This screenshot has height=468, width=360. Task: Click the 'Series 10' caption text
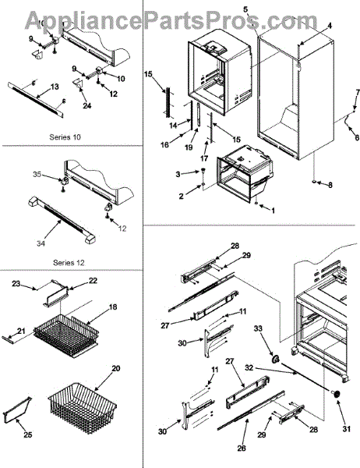pos(65,137)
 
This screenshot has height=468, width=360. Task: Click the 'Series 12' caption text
pos(69,263)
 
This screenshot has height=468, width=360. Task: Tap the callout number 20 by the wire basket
pos(116,368)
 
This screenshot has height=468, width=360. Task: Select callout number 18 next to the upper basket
pos(113,307)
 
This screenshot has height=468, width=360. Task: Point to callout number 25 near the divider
pos(28,434)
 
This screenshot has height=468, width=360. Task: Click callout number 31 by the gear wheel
pos(346,429)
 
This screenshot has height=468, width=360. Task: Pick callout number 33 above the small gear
pos(258,328)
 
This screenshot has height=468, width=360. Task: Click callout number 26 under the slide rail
pos(242,448)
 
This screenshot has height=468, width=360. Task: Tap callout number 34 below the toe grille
pos(41,243)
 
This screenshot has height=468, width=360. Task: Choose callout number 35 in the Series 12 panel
pos(37,174)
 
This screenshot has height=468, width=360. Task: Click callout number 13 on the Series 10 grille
pos(55,87)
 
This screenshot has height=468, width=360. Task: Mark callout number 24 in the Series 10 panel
pos(86,105)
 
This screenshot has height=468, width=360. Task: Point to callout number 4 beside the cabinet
pos(330,26)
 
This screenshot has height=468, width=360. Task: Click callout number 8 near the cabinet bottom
pos(330,185)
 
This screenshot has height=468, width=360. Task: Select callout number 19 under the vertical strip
pos(189,147)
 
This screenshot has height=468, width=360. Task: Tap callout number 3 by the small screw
pos(178,174)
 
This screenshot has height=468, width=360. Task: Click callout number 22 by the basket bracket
pos(93,281)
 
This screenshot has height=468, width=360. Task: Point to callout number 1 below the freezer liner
pos(273,211)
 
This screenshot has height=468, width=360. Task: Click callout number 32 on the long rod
pos(249,367)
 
